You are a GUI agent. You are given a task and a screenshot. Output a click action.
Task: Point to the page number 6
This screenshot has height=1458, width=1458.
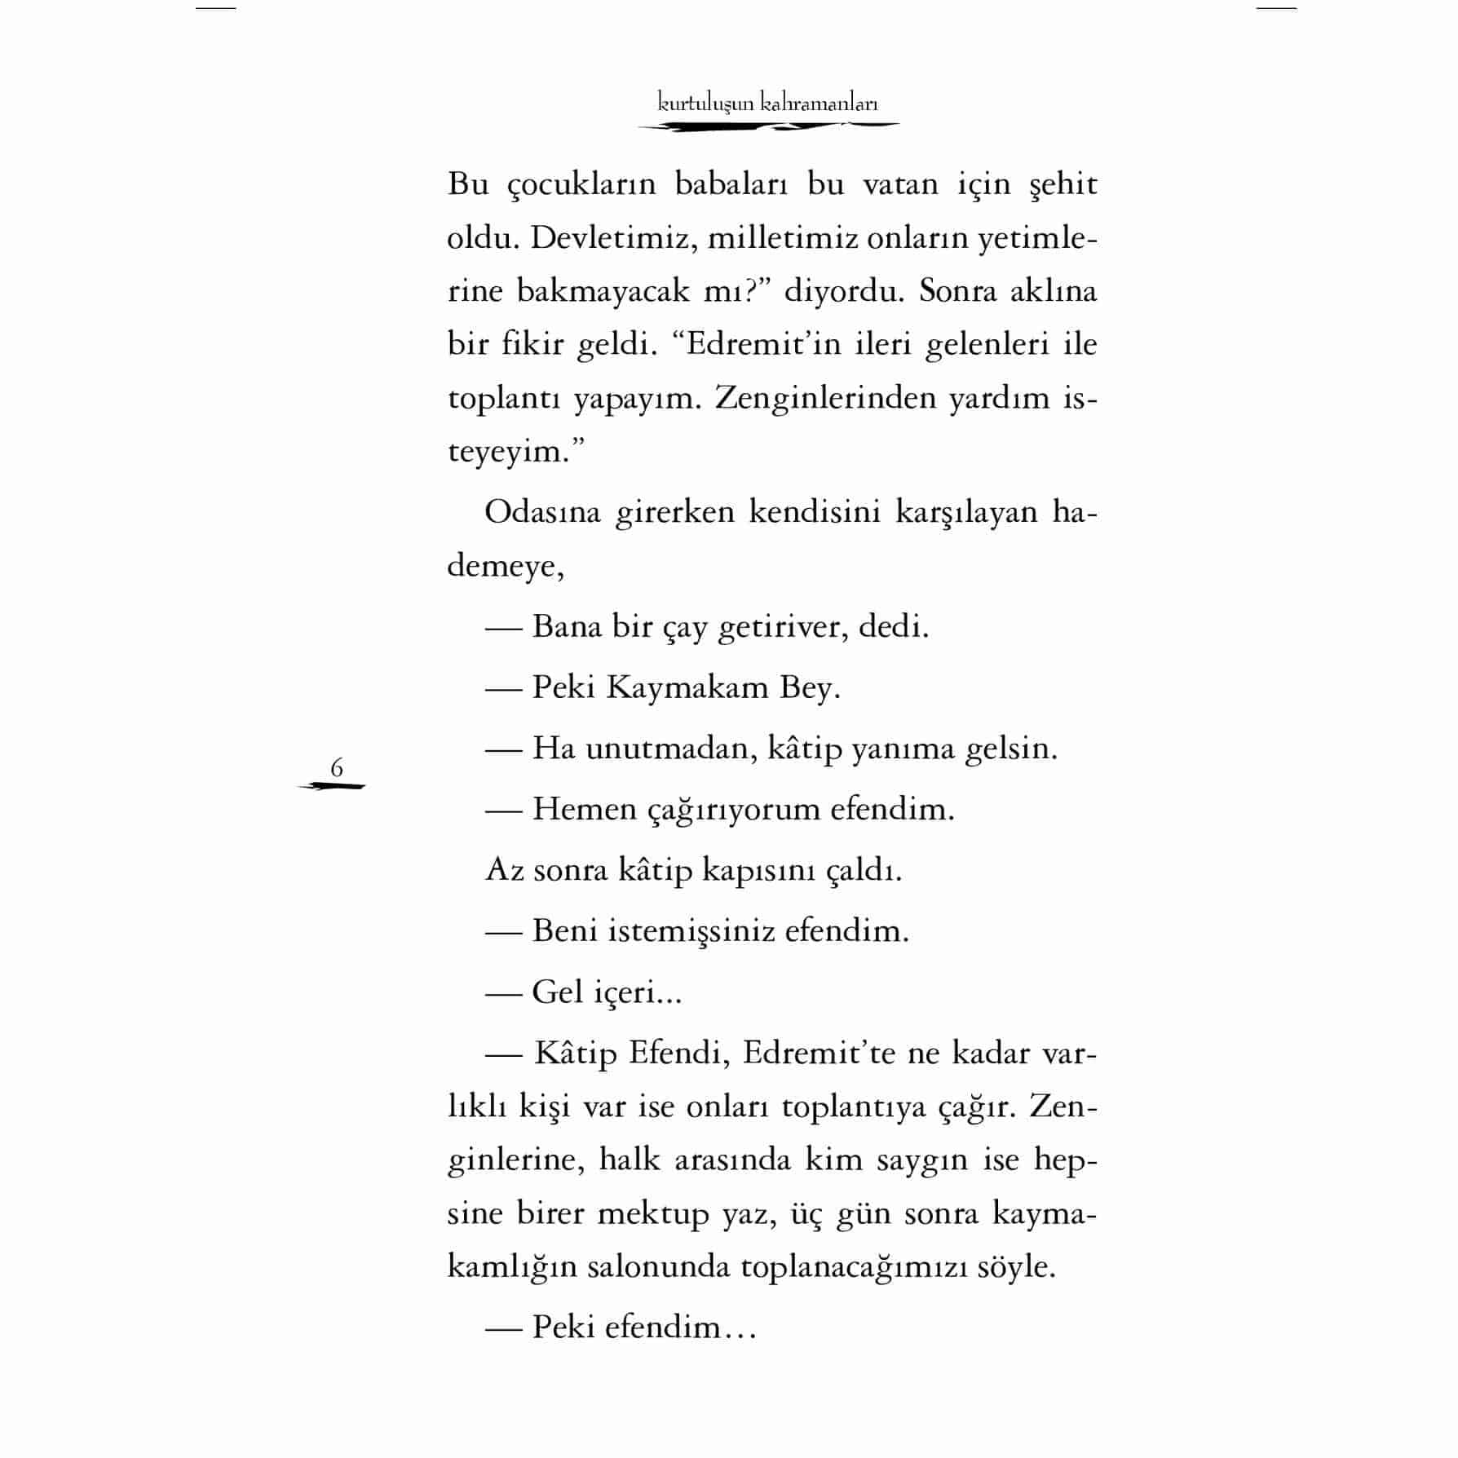click(337, 767)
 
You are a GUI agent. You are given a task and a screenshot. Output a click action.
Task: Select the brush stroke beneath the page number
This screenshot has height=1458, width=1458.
click(332, 786)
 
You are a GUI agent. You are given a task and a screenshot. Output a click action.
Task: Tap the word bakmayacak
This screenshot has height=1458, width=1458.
click(603, 291)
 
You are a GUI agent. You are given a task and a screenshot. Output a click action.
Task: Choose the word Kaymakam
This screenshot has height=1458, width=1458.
click(686, 688)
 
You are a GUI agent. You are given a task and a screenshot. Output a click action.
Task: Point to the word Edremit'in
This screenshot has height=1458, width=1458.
click(753, 344)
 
